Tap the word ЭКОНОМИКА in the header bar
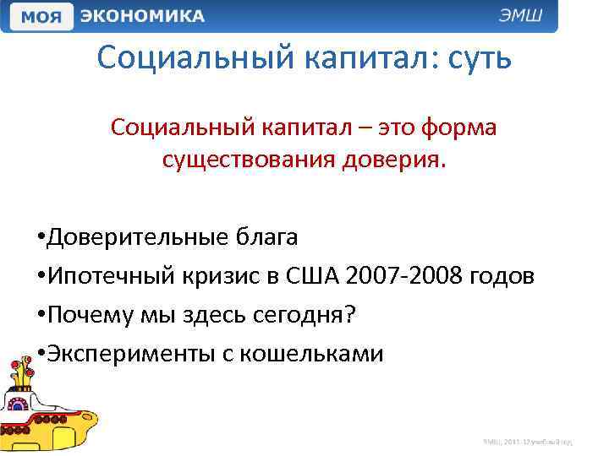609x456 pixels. [x=143, y=16]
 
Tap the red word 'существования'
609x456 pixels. [x=245, y=160]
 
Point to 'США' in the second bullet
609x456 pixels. [x=315, y=277]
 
